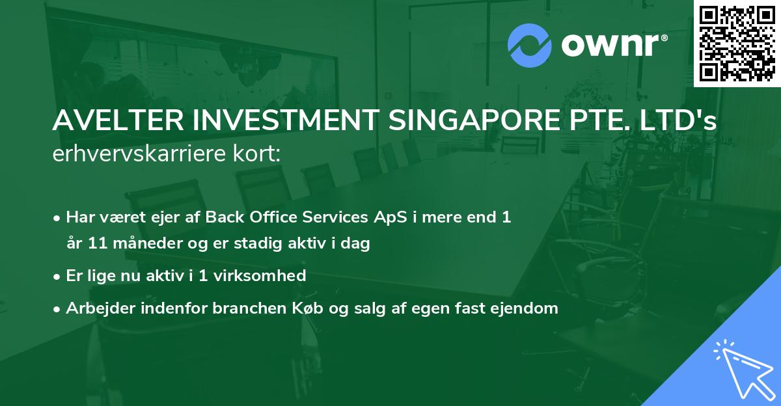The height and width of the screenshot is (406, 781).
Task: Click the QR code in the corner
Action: coord(737,43)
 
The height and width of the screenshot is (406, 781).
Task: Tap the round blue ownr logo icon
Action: coord(530,46)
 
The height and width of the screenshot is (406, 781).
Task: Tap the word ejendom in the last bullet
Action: coord(528,308)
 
